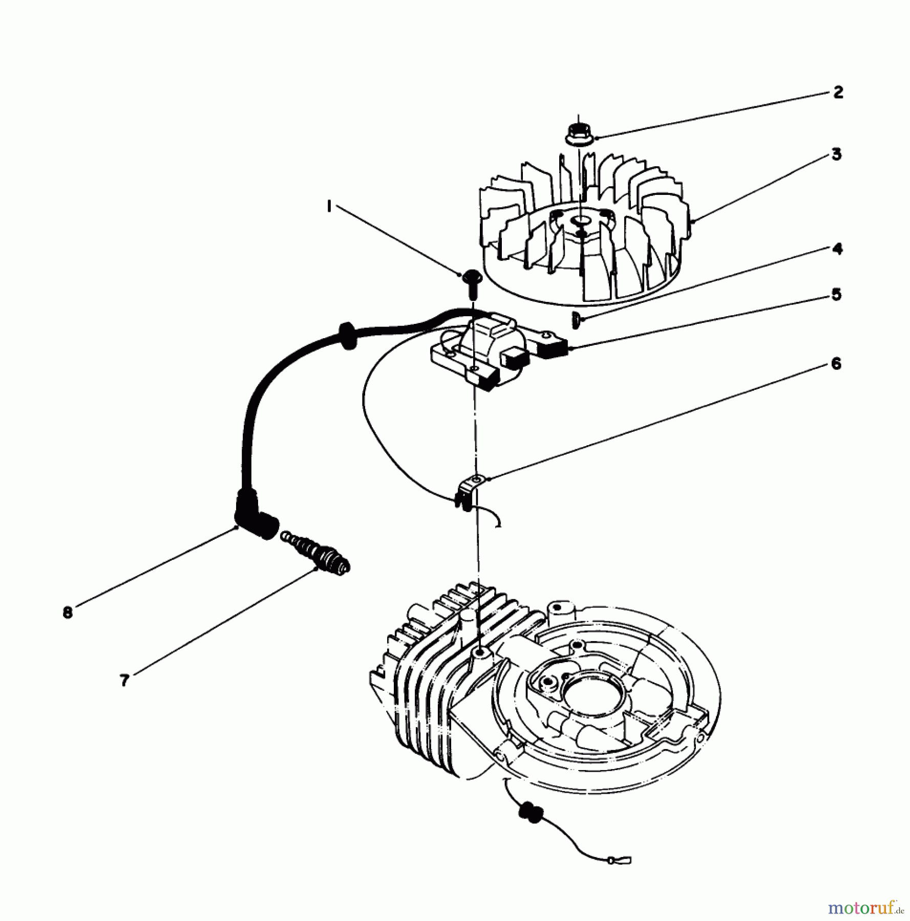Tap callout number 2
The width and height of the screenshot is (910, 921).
point(838,92)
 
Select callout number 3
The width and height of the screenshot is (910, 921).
point(836,154)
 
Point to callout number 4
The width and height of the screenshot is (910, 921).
point(837,249)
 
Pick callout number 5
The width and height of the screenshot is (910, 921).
point(836,295)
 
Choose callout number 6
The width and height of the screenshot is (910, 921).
point(836,364)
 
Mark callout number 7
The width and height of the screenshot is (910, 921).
point(124,681)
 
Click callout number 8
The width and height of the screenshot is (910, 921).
point(68,612)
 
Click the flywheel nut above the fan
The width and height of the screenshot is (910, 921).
point(578,135)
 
